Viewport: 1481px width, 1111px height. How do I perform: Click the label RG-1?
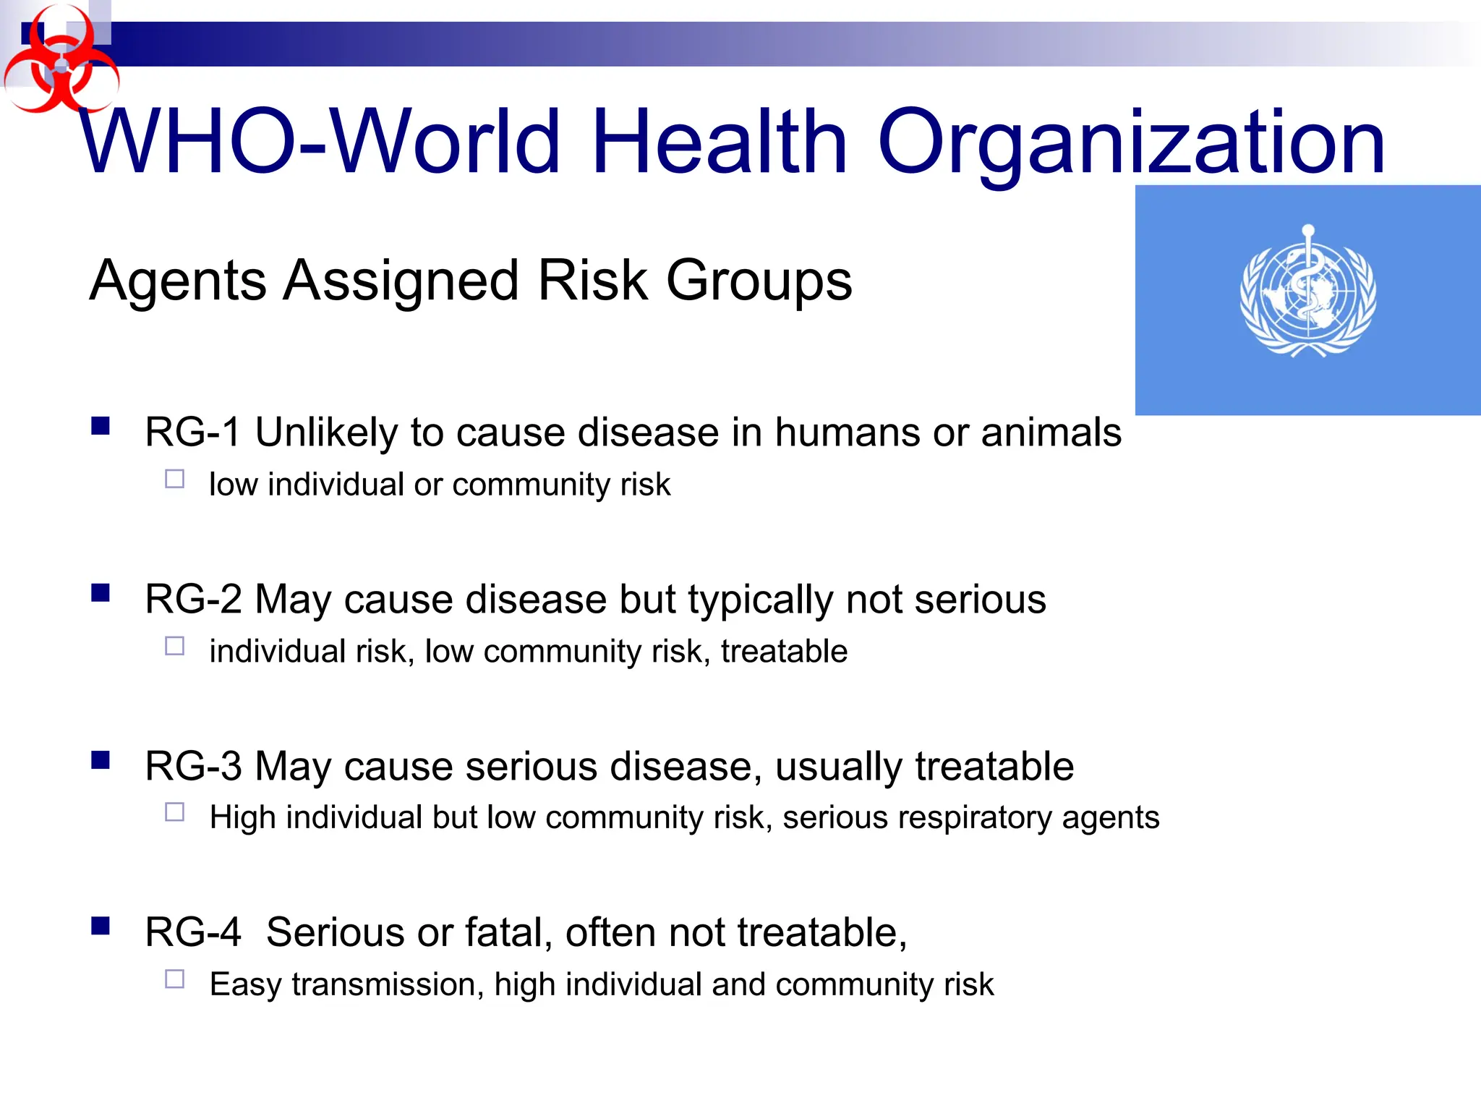(192, 433)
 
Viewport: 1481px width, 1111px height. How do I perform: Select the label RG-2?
(193, 600)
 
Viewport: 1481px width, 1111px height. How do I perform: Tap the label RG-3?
(193, 767)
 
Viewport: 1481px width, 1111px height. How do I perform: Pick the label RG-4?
(193, 932)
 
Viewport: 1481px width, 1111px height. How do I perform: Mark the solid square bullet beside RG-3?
(101, 759)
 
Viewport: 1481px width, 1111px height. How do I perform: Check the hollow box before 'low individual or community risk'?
(175, 479)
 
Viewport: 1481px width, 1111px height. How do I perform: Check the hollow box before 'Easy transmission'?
(175, 979)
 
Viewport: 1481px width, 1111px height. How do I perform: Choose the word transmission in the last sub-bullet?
(388, 984)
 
